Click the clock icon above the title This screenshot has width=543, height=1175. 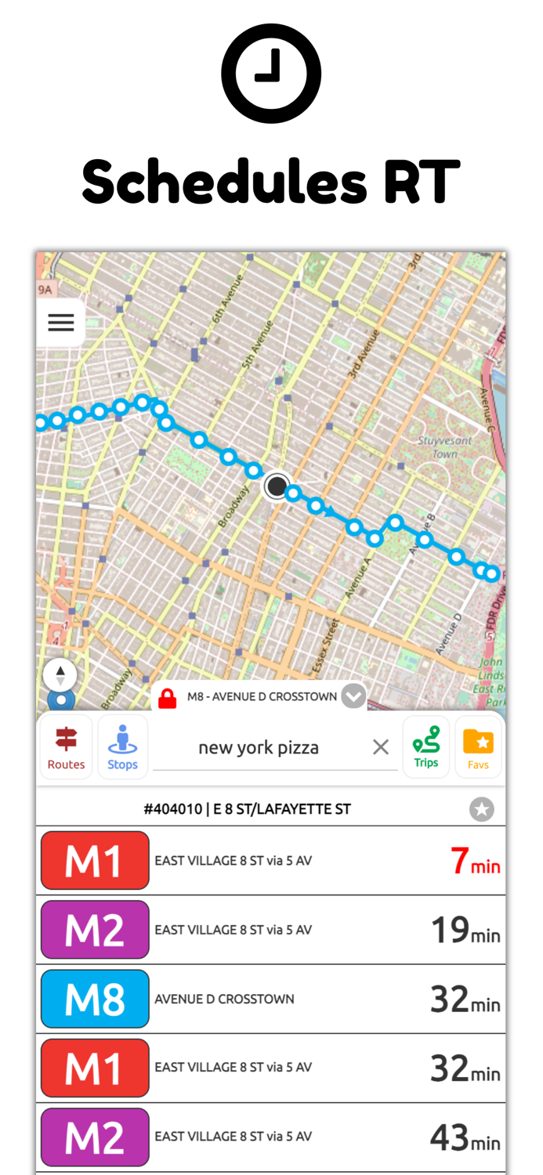tap(271, 74)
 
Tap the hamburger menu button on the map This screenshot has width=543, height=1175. tap(61, 322)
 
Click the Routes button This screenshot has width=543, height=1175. tap(66, 747)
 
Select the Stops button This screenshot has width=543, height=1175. tap(122, 747)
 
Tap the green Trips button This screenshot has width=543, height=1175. tap(426, 747)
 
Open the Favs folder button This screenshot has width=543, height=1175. tap(478, 747)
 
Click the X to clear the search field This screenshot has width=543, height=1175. tap(381, 747)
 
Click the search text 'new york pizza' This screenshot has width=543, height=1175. tap(259, 747)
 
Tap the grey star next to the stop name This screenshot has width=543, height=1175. tap(482, 809)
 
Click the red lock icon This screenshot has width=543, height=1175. tap(167, 697)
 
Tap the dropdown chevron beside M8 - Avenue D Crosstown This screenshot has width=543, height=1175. tap(354, 696)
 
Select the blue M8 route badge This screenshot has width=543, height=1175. tap(95, 999)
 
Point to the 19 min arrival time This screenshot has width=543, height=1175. tap(465, 930)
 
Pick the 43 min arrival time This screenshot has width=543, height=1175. tap(465, 1137)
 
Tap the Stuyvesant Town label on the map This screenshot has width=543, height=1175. tap(443, 447)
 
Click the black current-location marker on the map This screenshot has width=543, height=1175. tap(277, 486)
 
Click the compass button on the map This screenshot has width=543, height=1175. tap(60, 675)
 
